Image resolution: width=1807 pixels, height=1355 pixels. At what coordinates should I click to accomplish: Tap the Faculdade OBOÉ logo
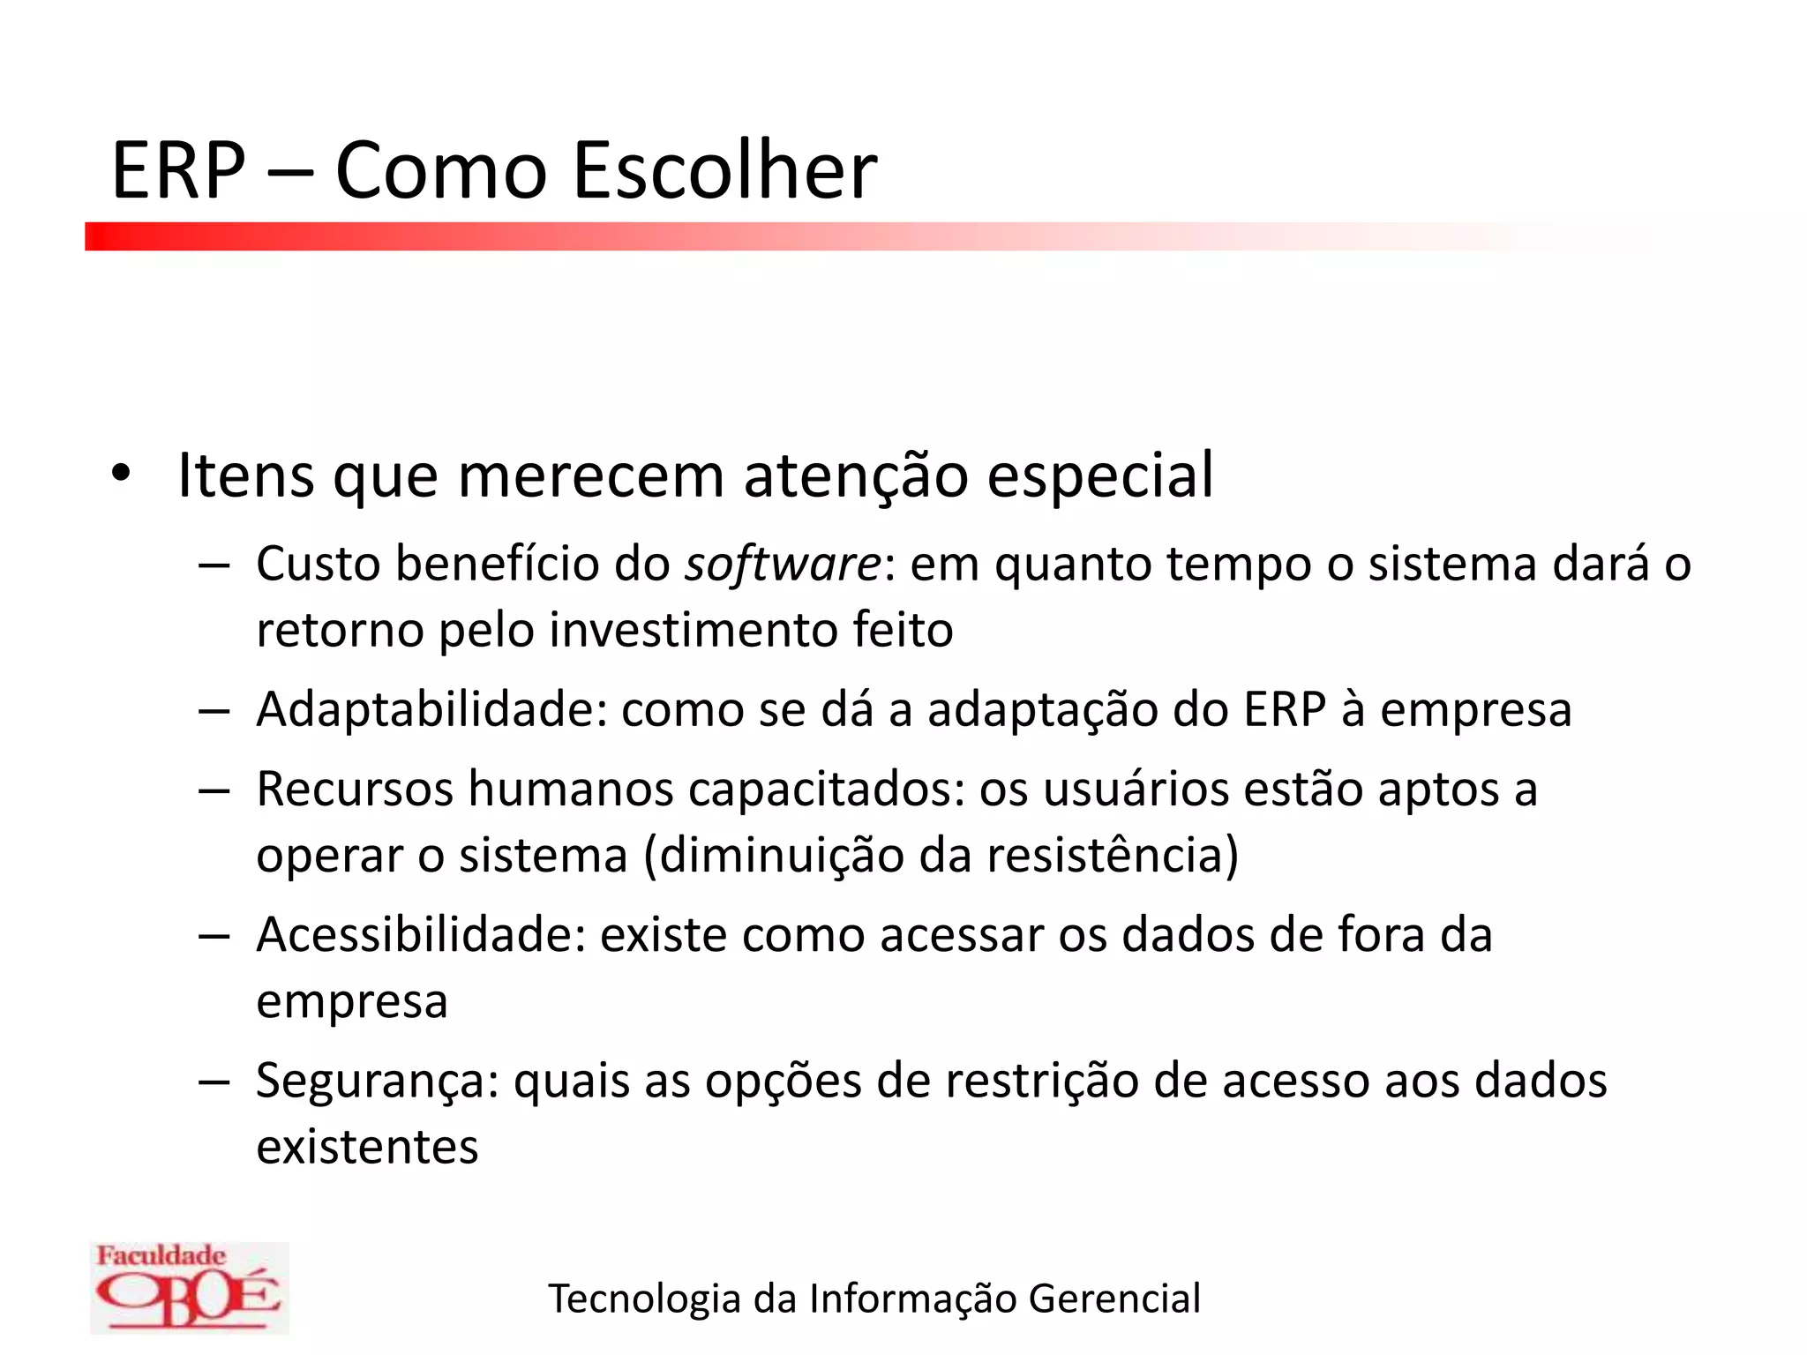(189, 1287)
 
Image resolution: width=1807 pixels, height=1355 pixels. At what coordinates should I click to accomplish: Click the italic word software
(783, 564)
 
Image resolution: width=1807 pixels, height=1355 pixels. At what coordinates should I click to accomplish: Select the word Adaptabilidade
(431, 709)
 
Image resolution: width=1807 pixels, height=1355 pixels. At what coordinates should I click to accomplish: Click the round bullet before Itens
(121, 475)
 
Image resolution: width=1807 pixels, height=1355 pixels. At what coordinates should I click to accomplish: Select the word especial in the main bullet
(1099, 476)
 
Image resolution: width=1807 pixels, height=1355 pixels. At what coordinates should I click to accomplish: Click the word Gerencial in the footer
(1114, 1299)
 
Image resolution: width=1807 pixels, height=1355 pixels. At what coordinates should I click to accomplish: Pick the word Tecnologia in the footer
(644, 1299)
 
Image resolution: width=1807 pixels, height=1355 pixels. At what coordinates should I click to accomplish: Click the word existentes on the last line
(367, 1147)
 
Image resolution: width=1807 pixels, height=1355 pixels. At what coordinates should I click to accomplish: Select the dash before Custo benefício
(214, 565)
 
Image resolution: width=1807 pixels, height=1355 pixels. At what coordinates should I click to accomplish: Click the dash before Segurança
(214, 1082)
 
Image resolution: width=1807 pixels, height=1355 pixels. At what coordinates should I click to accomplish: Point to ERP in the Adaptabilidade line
(1284, 709)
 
